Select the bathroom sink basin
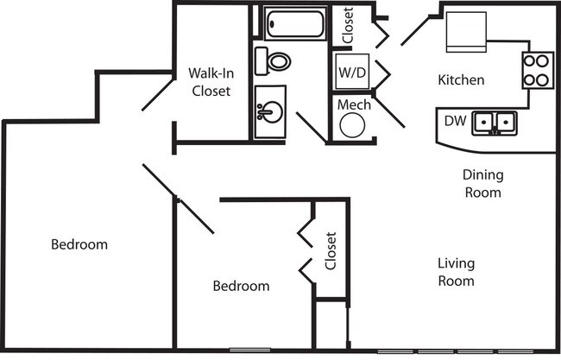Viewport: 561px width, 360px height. tap(269, 111)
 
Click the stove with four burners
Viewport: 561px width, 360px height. tap(537, 71)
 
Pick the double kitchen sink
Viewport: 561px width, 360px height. tap(494, 123)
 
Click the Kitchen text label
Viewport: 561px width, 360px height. tap(461, 80)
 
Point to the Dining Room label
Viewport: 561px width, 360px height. tap(483, 184)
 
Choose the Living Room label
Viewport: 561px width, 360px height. tap(456, 272)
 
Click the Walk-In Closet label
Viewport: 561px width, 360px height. tap(211, 83)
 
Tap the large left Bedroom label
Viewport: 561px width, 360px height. tap(79, 244)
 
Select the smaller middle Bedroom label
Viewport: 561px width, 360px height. tap(242, 286)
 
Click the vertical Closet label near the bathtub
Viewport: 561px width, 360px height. tap(348, 26)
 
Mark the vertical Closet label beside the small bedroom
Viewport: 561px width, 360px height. tap(331, 251)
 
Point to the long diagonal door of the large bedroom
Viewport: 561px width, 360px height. tap(178, 199)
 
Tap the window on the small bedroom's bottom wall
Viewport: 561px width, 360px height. tap(249, 351)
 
